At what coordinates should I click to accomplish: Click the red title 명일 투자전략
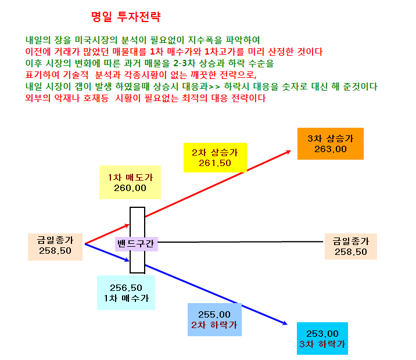point(125,17)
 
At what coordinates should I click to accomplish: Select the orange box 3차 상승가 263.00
point(331,143)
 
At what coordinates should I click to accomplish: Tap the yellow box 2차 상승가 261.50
point(215,157)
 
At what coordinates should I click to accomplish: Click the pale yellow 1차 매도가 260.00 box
point(130,182)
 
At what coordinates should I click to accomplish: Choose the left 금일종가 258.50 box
point(55,247)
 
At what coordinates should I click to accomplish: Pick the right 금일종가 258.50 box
point(351,247)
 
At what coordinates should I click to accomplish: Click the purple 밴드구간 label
point(137,244)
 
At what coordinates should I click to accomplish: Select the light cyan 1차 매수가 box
point(126,293)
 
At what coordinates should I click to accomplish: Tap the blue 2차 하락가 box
point(214,320)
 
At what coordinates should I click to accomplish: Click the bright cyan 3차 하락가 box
point(322,339)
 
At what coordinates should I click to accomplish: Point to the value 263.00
point(331,149)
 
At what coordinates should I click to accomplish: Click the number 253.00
point(322,333)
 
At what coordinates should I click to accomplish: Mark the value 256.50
point(126,287)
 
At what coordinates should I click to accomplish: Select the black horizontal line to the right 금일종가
point(241,242)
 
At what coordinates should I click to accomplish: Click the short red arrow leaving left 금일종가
point(107,234)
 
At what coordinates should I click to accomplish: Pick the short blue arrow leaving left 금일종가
point(107,253)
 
